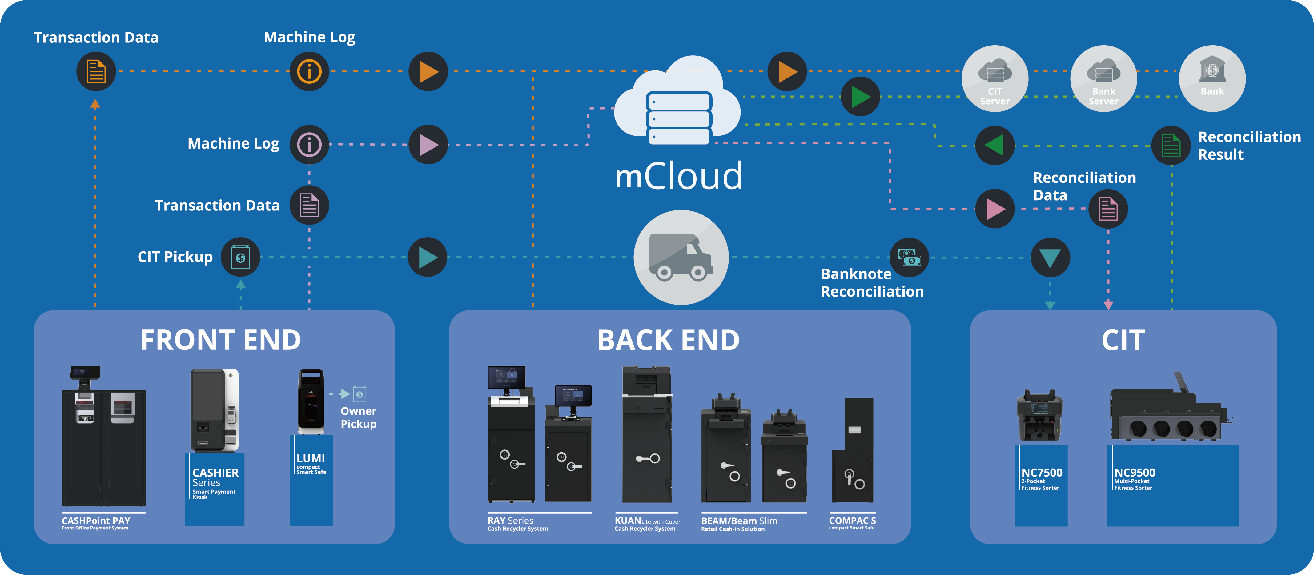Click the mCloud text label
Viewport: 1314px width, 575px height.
tap(678, 175)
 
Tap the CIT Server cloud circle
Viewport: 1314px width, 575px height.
tap(995, 78)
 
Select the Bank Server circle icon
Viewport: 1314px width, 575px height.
tap(1103, 78)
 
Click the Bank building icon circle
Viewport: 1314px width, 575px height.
tap(1212, 78)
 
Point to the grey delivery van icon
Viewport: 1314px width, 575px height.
tap(681, 258)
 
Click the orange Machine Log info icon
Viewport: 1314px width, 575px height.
tap(309, 71)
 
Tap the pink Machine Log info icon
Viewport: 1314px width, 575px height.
tap(309, 145)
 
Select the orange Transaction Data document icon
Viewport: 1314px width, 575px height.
tap(96, 71)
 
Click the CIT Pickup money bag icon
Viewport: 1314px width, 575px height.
tap(240, 257)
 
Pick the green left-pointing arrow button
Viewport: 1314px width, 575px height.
tap(995, 145)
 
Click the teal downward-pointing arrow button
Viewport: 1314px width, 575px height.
tap(1050, 258)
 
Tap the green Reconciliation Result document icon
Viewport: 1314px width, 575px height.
tap(1171, 145)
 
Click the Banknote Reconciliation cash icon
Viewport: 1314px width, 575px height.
tap(909, 258)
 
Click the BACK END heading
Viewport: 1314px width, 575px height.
tap(668, 340)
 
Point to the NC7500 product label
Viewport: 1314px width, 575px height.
tap(1041, 479)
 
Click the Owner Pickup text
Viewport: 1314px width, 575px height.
tap(359, 417)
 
